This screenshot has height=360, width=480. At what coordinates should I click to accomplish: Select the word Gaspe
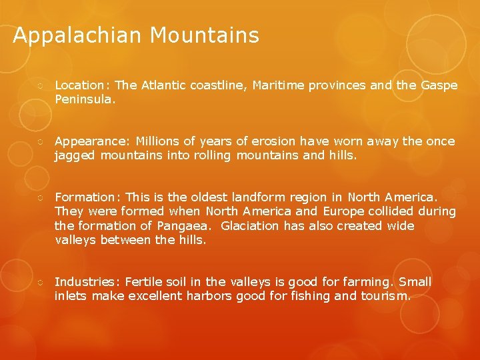439,85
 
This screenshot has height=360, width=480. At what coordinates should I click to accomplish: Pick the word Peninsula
85,100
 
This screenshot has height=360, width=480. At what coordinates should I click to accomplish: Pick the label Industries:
87,282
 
